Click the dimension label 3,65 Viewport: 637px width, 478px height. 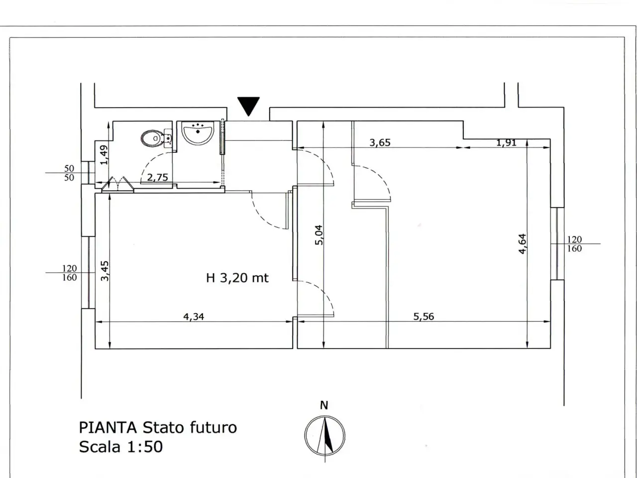click(x=380, y=142)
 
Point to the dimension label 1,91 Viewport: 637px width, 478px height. click(x=506, y=142)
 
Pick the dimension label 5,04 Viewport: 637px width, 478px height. click(x=319, y=235)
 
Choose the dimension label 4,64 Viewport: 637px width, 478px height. click(x=523, y=244)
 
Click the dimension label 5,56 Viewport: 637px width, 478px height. click(x=424, y=316)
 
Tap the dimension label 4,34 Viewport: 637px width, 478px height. click(x=194, y=316)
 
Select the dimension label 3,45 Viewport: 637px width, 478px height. click(x=105, y=271)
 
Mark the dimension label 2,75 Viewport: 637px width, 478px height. click(x=157, y=177)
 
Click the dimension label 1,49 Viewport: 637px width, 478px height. click(x=104, y=155)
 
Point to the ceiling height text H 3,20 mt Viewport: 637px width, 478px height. click(x=237, y=278)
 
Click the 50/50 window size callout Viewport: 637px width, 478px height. click(x=69, y=173)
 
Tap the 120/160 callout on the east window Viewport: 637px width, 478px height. click(x=575, y=244)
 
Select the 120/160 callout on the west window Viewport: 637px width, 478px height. click(x=69, y=273)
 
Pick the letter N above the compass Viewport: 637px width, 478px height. click(x=324, y=405)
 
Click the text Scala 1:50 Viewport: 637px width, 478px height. click(x=121, y=447)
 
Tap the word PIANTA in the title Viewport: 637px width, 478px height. click(x=107, y=428)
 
